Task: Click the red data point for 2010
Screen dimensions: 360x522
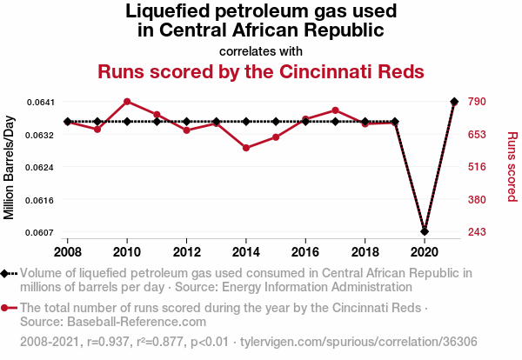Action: point(127,102)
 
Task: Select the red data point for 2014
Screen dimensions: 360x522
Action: point(246,148)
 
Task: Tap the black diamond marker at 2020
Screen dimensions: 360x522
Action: point(424,231)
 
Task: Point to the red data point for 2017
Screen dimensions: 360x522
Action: point(335,110)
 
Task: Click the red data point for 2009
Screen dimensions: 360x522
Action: point(97,130)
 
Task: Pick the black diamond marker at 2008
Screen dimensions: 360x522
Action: point(68,122)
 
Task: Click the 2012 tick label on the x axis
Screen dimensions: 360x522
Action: point(186,251)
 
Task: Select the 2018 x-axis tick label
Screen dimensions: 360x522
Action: point(365,251)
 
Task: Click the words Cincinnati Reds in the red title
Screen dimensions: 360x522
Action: point(355,71)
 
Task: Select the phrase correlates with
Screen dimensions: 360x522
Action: point(261,50)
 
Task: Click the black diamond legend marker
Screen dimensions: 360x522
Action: point(9,274)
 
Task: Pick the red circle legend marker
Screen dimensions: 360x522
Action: point(9,308)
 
